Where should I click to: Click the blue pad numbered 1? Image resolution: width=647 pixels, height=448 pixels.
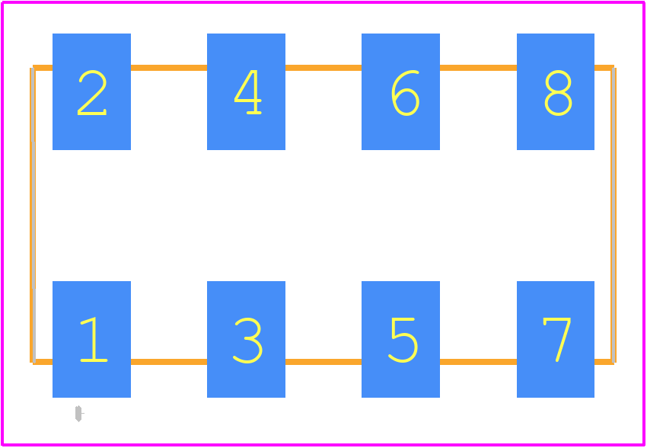point(91,339)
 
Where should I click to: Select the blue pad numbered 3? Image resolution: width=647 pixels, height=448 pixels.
point(246,339)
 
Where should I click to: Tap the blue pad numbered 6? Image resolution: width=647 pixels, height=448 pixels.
point(400,91)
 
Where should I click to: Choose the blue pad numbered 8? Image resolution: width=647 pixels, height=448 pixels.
point(556,91)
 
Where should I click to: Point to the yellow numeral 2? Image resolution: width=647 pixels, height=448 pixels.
point(92,92)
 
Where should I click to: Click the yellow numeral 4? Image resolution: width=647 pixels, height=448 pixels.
point(247,92)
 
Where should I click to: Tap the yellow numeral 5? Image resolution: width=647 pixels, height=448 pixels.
point(403,340)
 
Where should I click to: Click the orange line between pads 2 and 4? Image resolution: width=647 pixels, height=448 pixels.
point(169,68)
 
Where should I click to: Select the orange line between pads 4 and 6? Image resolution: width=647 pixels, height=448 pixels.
point(323,68)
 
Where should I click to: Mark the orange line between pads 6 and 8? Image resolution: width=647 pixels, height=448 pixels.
point(478,68)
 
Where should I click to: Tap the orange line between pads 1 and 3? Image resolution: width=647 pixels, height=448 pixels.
point(169,362)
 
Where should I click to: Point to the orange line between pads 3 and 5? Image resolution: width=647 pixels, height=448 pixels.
point(323,362)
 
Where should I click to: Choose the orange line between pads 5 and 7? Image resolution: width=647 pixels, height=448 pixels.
point(478,362)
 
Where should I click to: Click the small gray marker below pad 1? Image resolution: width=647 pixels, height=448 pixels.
point(79,413)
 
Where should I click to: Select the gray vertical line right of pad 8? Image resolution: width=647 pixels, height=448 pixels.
point(614,215)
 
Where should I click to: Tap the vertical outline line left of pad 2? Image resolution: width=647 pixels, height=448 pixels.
point(33,215)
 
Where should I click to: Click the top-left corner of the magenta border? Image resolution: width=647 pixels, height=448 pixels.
point(2,2)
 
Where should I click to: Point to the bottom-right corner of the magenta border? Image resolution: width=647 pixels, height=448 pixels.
point(644,445)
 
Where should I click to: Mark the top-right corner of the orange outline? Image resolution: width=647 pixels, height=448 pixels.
point(614,68)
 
